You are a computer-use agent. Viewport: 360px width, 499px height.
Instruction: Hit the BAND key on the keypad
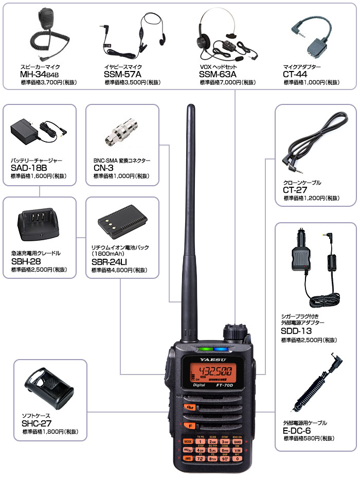point(237,441)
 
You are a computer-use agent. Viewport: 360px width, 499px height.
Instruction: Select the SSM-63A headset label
point(218,75)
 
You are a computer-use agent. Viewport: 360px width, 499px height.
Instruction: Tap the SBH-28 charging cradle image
point(39,225)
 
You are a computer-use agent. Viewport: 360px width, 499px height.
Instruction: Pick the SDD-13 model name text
point(296,331)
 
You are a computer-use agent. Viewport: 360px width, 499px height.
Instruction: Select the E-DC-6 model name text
point(297,431)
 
